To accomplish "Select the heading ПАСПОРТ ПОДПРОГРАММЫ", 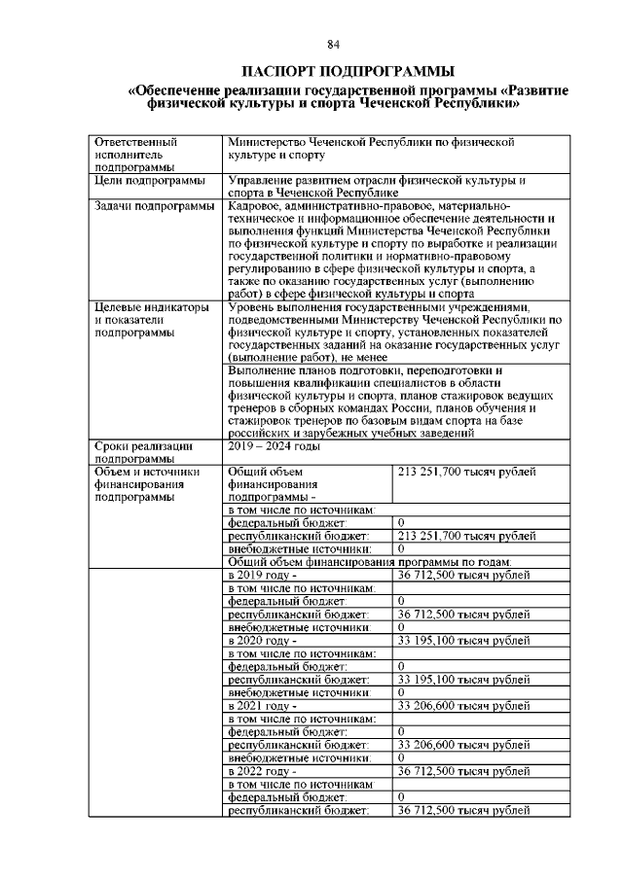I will pos(333,71).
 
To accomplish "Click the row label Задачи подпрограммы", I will pos(154,206).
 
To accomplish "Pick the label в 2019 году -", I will pos(261,576).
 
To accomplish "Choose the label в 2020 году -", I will pos(261,641).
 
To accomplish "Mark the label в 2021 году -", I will pos(261,705).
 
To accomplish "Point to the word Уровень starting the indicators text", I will pos(253,307).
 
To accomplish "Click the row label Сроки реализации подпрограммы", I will pos(143,452).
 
